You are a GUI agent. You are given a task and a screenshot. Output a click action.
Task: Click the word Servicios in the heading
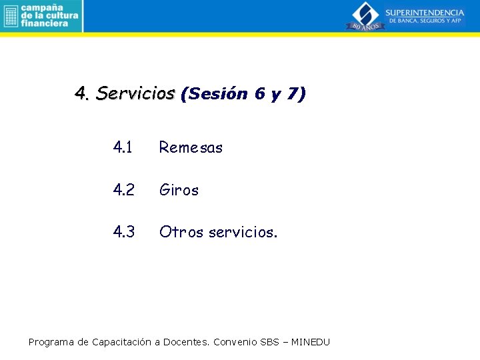tap(135, 94)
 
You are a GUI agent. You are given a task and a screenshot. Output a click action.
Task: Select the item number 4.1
tap(124, 147)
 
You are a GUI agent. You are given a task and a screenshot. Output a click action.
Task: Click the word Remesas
tap(191, 147)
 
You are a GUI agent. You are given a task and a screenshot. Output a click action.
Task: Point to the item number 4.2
tap(124, 190)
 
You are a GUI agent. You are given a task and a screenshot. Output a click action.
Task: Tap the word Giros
tap(179, 190)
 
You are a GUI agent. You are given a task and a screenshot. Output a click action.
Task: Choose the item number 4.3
tap(124, 232)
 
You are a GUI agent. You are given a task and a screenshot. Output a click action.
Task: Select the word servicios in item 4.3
tap(243, 232)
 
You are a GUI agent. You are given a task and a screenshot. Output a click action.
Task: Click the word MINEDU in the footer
tap(311, 342)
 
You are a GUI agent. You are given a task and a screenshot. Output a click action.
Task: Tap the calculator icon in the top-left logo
tap(10, 16)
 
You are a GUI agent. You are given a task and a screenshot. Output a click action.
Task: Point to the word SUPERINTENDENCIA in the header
tap(425, 13)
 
